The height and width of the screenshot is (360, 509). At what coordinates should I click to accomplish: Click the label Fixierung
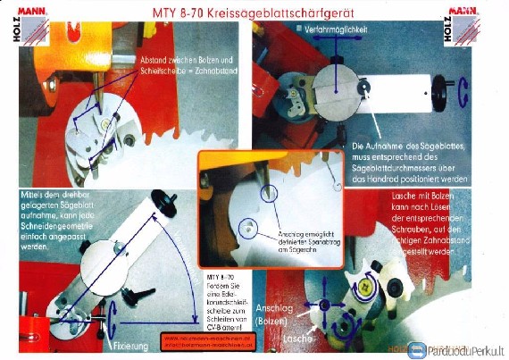point(130,342)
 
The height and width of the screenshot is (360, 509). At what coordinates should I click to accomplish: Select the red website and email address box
point(208,341)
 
